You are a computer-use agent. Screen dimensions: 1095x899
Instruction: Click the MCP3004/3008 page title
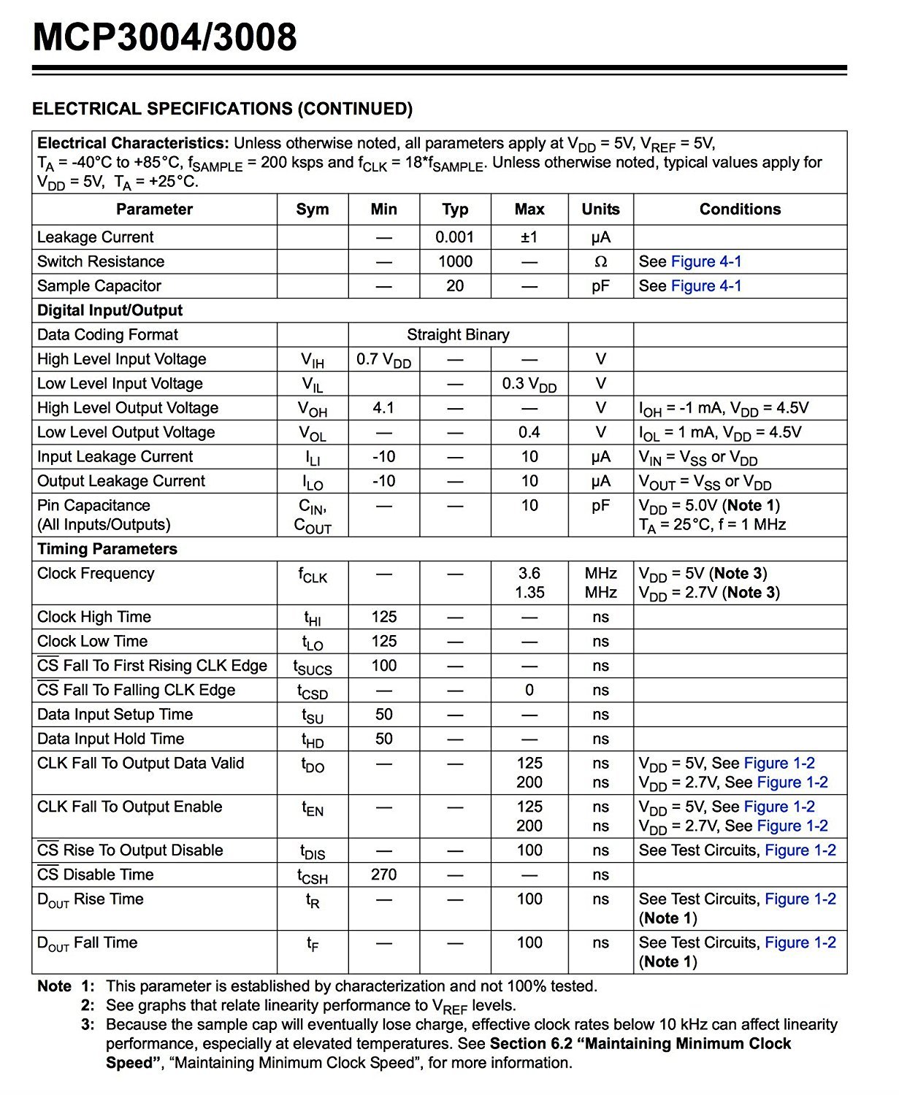(x=165, y=37)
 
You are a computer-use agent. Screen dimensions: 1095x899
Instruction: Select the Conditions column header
(x=740, y=210)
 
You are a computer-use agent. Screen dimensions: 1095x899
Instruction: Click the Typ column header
(x=455, y=210)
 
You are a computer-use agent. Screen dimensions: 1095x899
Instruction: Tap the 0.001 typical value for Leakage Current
(x=455, y=237)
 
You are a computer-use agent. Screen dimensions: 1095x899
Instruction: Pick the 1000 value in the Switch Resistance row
(x=455, y=261)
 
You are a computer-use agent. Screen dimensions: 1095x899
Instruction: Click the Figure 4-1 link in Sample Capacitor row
(x=706, y=286)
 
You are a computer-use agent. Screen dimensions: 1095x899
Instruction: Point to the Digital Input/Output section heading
(x=110, y=310)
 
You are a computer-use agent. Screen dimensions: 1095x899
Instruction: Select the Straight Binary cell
(x=458, y=335)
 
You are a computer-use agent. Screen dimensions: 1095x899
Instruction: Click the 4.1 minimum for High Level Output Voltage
(x=383, y=408)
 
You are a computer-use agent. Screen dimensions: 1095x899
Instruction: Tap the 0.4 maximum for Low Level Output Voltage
(x=529, y=432)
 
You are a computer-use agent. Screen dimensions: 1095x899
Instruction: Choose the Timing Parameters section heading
(x=107, y=549)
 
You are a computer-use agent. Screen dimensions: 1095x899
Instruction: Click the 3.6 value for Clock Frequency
(x=529, y=574)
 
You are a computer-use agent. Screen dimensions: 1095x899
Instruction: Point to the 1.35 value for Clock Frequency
(x=529, y=593)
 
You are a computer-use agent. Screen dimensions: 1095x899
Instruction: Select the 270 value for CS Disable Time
(x=383, y=875)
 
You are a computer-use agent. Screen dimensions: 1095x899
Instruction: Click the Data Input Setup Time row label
(x=115, y=715)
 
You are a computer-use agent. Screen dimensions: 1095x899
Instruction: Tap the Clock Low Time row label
(x=93, y=642)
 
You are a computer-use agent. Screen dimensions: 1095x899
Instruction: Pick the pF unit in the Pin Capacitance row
(x=600, y=506)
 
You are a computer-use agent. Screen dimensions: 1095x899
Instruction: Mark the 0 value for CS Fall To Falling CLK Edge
(x=529, y=691)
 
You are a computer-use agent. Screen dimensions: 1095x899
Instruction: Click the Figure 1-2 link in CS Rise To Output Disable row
(x=800, y=850)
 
